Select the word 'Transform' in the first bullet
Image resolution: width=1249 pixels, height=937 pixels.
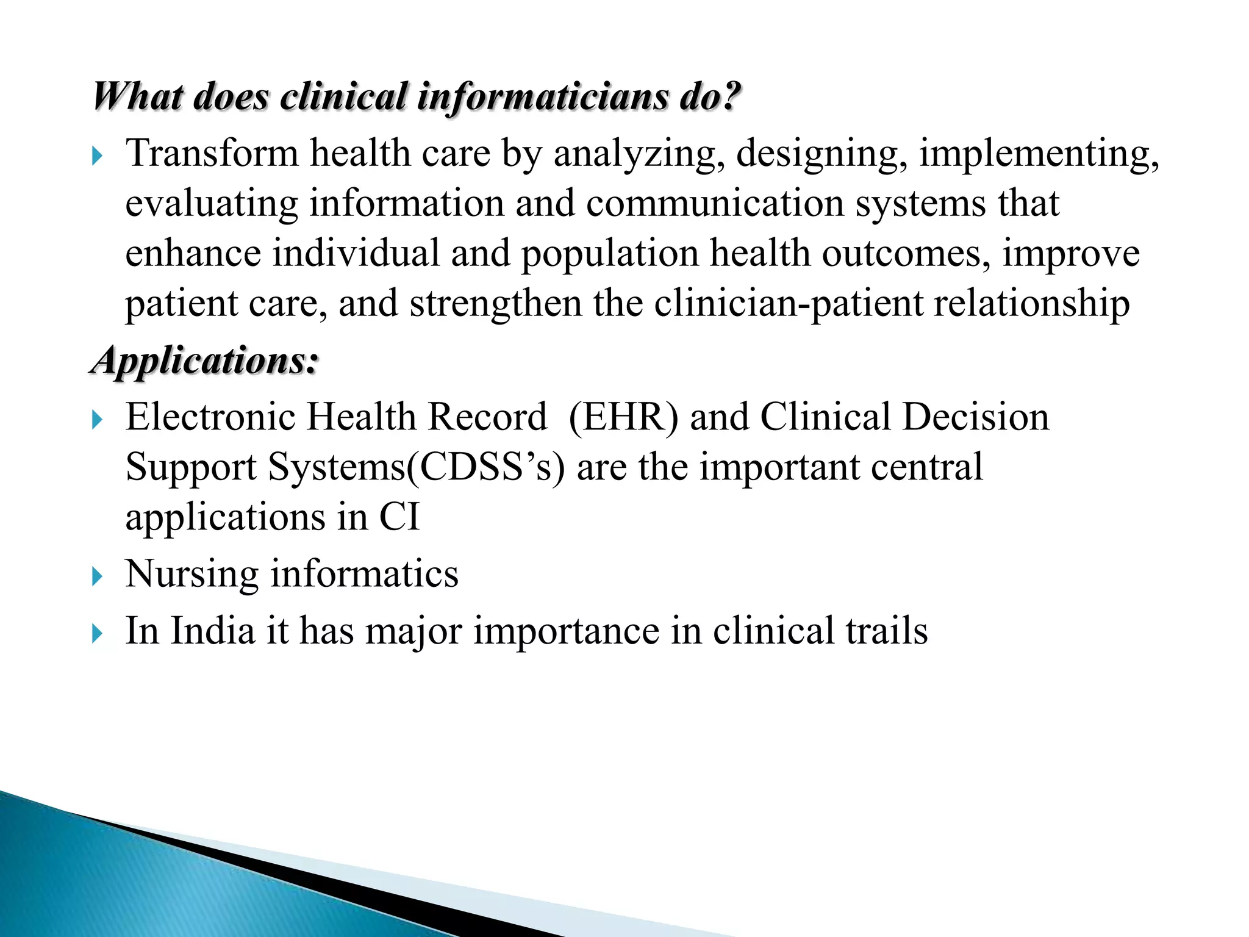[x=212, y=153]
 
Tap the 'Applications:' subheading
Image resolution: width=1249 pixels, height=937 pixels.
[x=205, y=361]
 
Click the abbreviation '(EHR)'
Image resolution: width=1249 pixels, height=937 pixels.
[x=623, y=417]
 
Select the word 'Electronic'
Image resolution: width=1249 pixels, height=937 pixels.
[x=210, y=417]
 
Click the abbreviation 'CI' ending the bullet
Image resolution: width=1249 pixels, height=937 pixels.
[x=399, y=517]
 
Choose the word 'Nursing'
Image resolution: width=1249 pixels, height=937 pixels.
[x=191, y=575]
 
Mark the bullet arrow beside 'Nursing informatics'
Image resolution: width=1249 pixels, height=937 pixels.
[x=97, y=576]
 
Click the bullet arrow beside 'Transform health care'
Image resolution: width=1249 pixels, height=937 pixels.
[x=97, y=157]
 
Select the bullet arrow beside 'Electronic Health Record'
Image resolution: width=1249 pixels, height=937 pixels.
[x=97, y=420]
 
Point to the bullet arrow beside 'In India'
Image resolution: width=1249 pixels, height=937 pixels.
[x=97, y=634]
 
